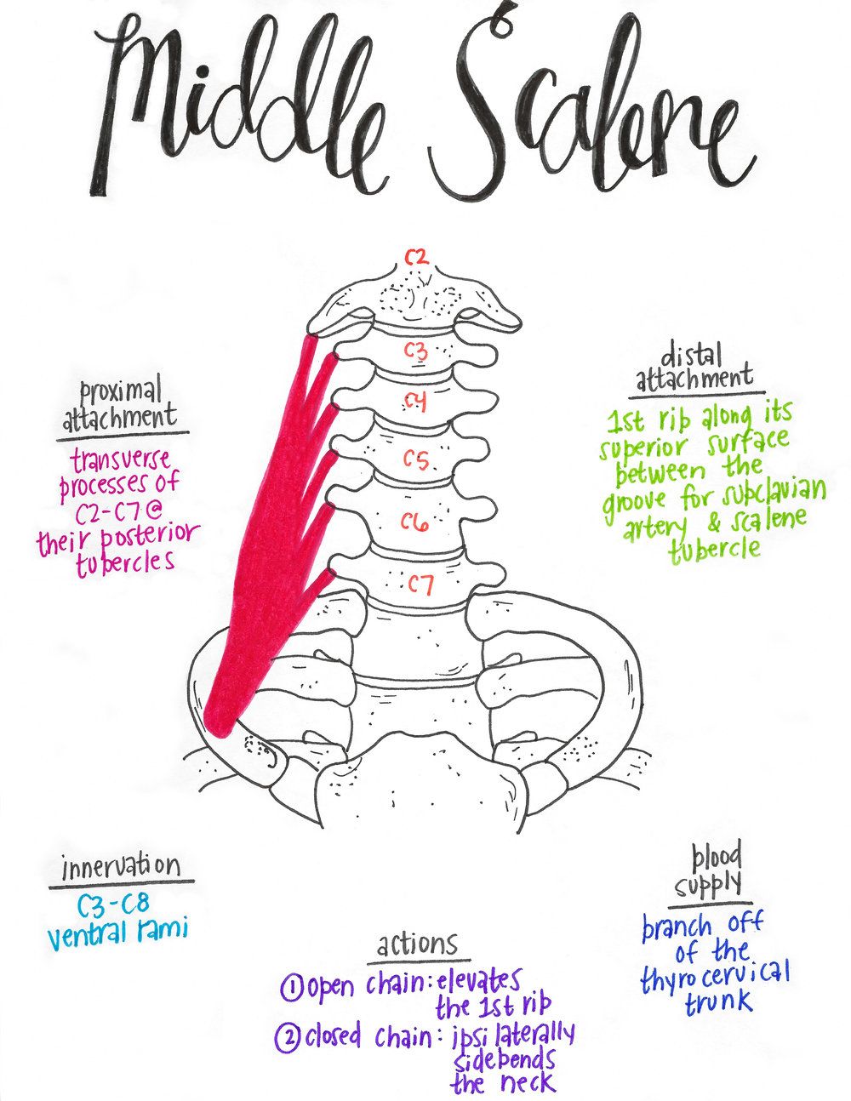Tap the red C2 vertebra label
(415, 256)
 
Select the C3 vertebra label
(415, 349)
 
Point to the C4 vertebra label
(415, 402)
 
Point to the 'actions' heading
(417, 944)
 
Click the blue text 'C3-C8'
(113, 904)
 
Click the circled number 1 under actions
(289, 987)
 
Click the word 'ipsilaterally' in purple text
(513, 1035)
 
